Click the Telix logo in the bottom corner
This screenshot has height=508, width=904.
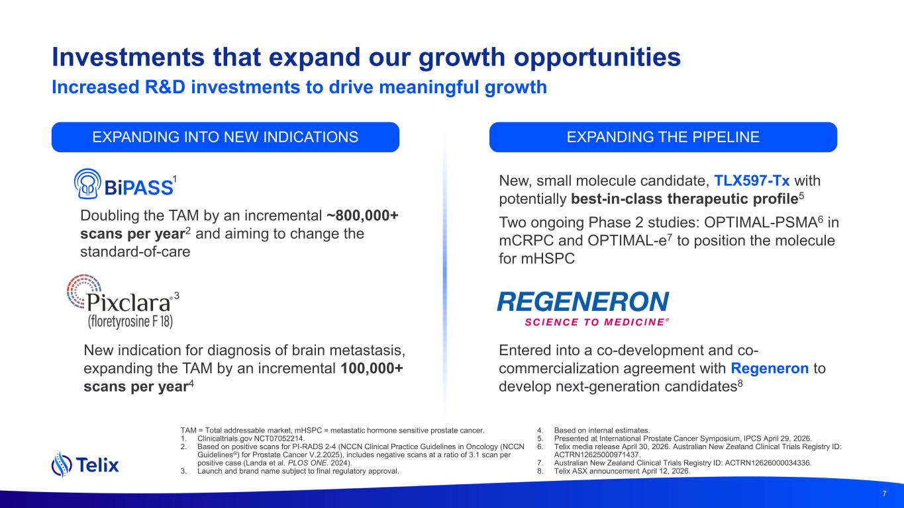85,464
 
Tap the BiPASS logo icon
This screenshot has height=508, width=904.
87,183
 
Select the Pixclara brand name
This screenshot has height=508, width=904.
128,302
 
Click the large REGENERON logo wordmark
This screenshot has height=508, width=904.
583,302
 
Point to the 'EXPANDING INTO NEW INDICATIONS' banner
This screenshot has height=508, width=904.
225,137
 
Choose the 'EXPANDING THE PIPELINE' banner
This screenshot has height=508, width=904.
663,137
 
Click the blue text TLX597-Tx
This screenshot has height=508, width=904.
752,181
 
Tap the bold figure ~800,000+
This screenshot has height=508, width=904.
362,216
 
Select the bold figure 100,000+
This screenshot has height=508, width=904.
372,368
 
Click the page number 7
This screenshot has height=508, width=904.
885,493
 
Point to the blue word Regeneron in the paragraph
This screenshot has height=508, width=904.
770,368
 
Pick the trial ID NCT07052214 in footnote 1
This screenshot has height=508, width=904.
279,439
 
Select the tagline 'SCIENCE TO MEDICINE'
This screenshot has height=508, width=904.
595,322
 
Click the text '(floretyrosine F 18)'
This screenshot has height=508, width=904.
130,321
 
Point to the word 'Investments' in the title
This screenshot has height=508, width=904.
128,57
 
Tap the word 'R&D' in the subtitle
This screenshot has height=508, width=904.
165,87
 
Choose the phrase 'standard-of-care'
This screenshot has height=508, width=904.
135,251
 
